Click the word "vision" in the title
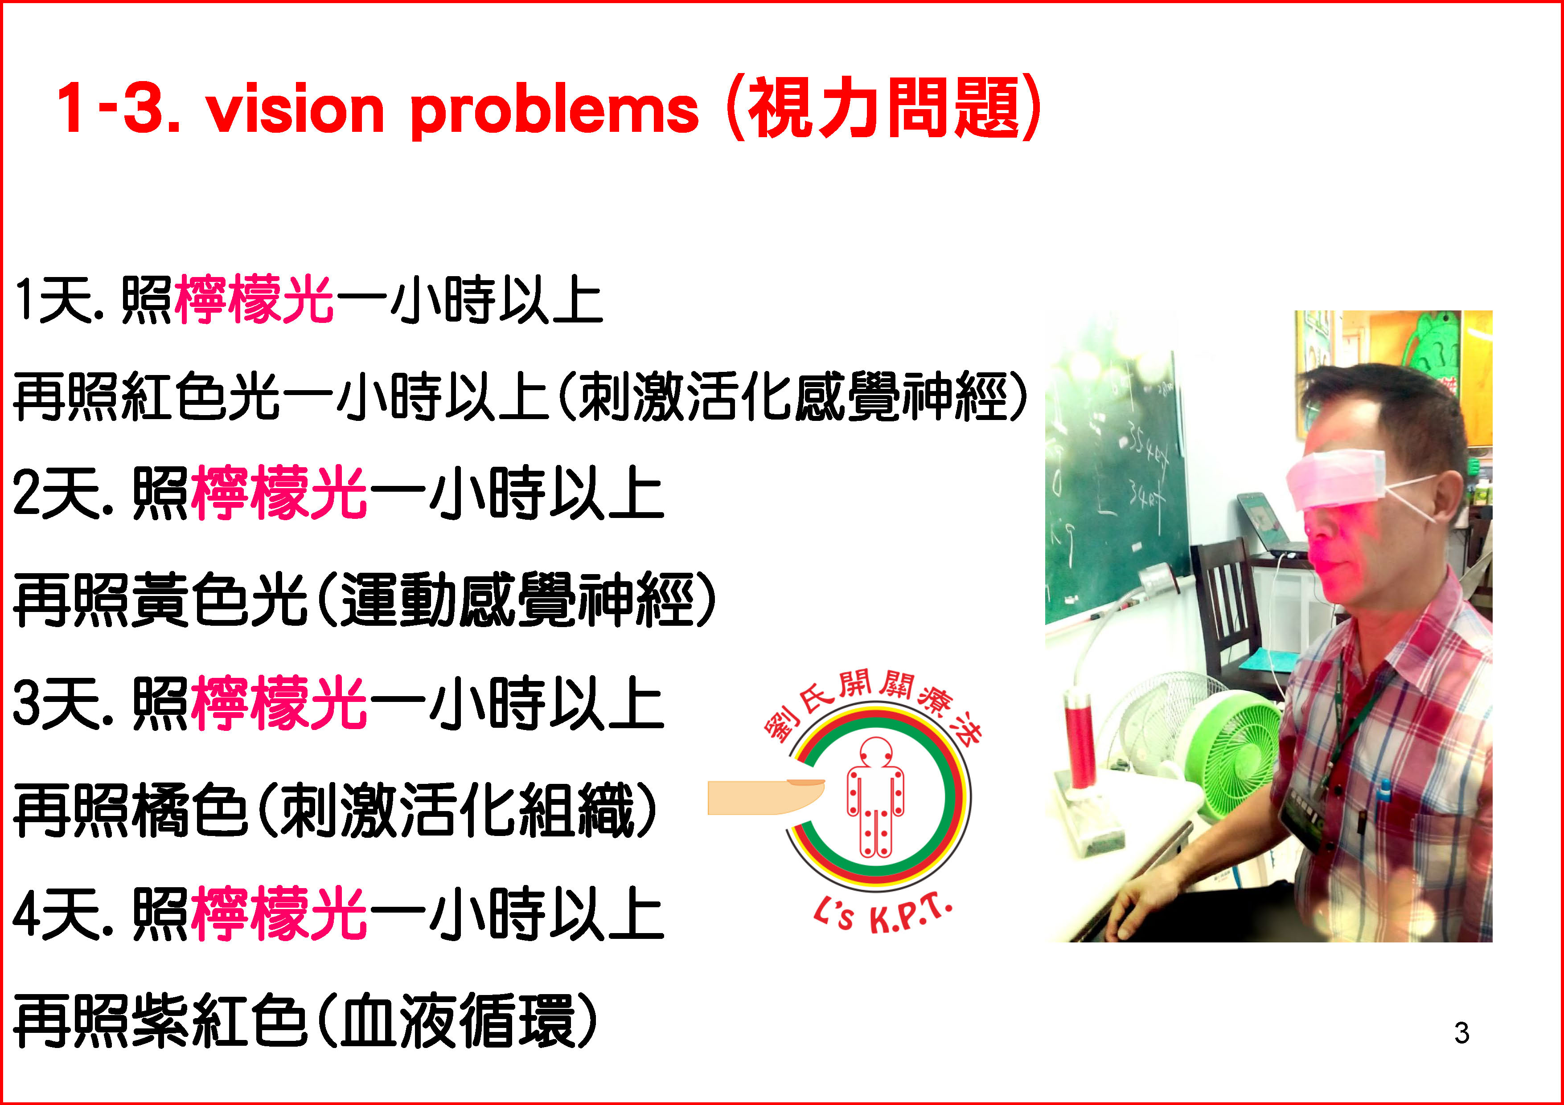click(296, 110)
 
